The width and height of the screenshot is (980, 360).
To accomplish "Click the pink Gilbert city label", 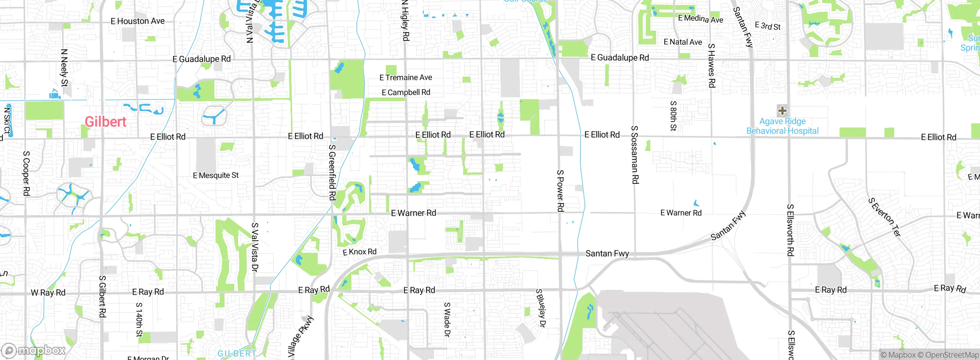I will (x=105, y=122).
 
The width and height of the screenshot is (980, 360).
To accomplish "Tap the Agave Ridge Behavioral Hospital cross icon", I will (x=782, y=111).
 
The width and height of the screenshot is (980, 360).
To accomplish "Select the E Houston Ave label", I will (x=137, y=21).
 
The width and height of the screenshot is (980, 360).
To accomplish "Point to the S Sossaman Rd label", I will (x=634, y=155).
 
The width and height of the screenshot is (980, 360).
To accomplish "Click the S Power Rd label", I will (x=560, y=191).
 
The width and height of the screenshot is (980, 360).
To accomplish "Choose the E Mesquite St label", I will (x=216, y=175).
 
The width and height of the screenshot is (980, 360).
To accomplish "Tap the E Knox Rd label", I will (x=359, y=252).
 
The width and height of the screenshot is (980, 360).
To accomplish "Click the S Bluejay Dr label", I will (x=541, y=308).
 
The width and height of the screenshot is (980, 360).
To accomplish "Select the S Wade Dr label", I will (x=447, y=319).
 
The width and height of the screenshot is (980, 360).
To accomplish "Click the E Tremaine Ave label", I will (x=405, y=78).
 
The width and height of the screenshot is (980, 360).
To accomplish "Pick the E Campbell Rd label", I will (x=406, y=92).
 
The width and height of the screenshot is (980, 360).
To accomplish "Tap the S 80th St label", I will (x=673, y=116).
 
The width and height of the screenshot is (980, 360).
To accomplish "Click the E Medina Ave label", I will (x=700, y=18).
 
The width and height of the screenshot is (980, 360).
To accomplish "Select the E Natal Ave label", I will (x=683, y=42).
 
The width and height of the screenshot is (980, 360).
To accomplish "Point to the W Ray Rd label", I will (x=48, y=293).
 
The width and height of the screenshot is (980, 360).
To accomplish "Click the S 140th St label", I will (x=139, y=319).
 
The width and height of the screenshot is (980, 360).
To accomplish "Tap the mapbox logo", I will (x=34, y=350).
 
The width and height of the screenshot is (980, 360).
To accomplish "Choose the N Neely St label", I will (x=64, y=68).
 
